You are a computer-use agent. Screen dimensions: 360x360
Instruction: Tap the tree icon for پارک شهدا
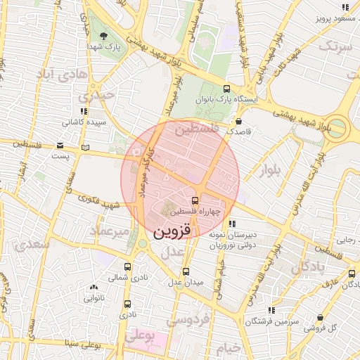[104, 36]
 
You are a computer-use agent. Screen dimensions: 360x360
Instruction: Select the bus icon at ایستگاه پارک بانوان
[226, 89]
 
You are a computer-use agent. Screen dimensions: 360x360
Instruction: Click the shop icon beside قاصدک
[239, 121]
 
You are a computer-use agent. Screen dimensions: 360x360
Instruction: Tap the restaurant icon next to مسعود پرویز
[345, 7]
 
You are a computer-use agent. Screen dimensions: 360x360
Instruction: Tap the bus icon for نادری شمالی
[127, 266]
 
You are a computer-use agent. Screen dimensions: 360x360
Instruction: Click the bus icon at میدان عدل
[186, 271]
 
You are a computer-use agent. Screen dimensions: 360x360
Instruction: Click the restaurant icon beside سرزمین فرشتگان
[271, 310]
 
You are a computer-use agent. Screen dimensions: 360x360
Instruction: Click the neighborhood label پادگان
[309, 266]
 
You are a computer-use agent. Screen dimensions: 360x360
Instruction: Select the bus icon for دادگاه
[349, 275]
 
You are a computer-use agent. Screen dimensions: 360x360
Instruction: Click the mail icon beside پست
[86, 148]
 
